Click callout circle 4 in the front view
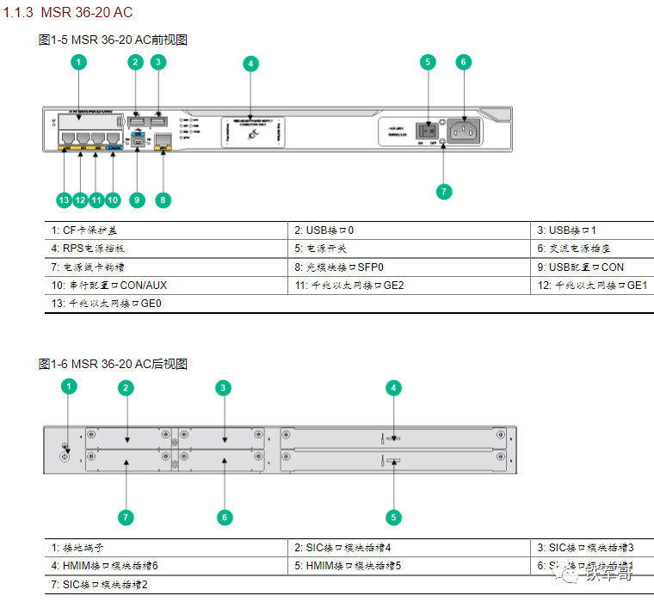pos(250,63)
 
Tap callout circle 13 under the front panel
pos(63,200)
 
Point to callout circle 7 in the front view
pos(444,191)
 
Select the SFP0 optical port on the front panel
pos(164,139)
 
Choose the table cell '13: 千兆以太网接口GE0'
pos(107,303)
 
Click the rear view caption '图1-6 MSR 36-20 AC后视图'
pos(113,365)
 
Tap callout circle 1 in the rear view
pos(70,387)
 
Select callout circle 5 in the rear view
pos(393,518)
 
